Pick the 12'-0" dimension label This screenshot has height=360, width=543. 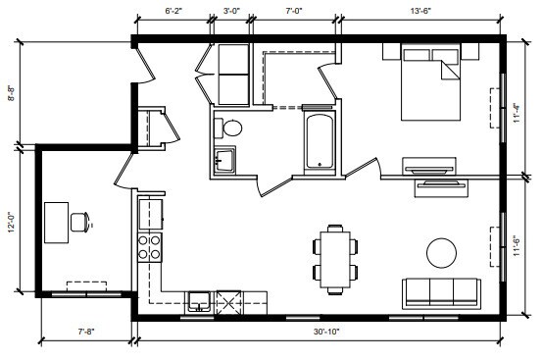[10, 221]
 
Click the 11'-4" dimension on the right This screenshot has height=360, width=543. [517, 115]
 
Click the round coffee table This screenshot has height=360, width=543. [442, 252]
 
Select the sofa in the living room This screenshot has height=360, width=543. [440, 291]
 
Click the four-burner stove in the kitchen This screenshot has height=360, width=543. [150, 247]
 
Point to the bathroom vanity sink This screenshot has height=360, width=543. [224, 160]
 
